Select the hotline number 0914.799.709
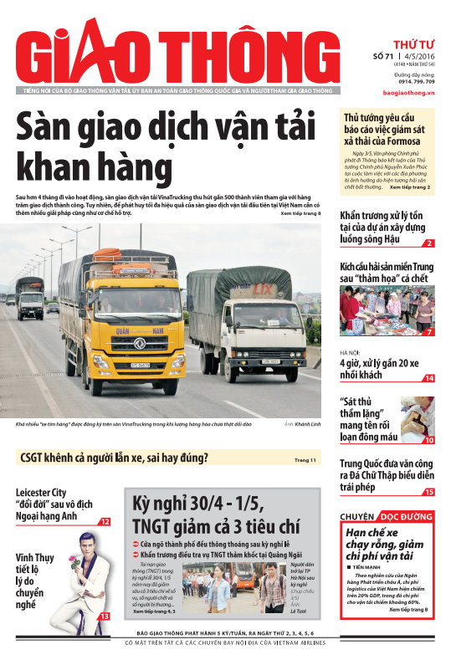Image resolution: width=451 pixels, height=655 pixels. point(416,82)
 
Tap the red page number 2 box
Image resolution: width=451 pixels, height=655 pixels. point(428,243)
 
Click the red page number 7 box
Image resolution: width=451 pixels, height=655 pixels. point(428,332)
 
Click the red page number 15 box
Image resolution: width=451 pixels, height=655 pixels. point(428,492)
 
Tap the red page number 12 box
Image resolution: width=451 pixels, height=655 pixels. point(105,521)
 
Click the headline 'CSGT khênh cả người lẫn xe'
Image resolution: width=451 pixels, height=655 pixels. point(113,458)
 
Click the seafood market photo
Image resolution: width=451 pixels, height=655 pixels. point(387,310)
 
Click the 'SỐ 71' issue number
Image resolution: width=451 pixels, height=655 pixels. point(383,56)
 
